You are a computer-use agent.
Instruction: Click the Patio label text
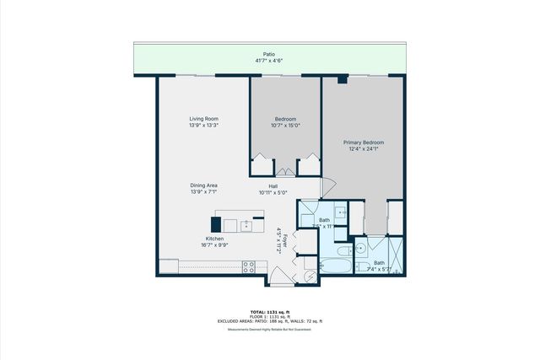coord(269,54)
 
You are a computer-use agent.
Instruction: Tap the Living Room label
coord(204,119)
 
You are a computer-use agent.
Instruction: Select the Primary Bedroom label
coord(364,142)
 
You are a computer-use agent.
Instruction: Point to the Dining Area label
coord(204,185)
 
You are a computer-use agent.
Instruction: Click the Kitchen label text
coord(215,239)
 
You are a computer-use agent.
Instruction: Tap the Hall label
coord(273,185)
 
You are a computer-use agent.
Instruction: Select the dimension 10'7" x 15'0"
coord(286,126)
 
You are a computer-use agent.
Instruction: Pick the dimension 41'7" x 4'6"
coord(269,61)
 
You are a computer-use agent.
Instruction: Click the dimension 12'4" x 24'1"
coord(364,149)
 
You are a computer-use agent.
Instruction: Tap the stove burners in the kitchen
coord(249,266)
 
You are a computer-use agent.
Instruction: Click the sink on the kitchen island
coord(246,225)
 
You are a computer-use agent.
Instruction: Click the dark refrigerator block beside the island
coord(216,224)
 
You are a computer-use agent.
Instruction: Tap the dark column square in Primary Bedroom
coord(341,79)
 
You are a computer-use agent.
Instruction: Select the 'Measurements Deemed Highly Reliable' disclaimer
coord(269,330)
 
